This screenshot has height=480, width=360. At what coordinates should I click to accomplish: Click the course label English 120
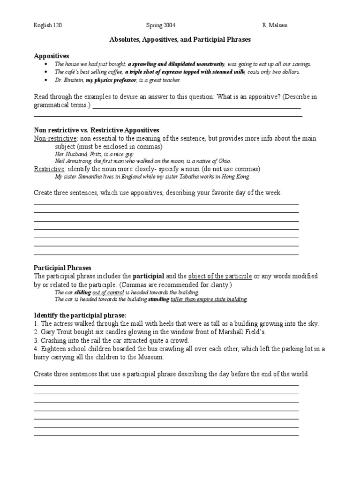47,25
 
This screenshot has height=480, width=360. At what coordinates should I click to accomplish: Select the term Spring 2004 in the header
161,25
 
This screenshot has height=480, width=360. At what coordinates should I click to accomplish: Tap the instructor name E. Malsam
275,25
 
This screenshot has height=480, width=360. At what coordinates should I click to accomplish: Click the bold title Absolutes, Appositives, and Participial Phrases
180,40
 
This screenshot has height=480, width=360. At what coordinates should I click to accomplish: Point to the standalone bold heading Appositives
52,56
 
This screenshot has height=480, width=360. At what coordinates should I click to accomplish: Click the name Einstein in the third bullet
73,81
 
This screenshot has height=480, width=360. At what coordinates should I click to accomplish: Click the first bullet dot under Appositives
45,64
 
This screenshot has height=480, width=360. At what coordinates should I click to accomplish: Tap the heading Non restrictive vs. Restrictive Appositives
97,130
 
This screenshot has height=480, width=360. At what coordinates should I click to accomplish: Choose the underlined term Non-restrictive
55,138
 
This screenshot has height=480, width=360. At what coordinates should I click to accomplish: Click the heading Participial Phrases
62,268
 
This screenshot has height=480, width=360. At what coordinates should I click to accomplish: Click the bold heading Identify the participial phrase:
80,315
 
